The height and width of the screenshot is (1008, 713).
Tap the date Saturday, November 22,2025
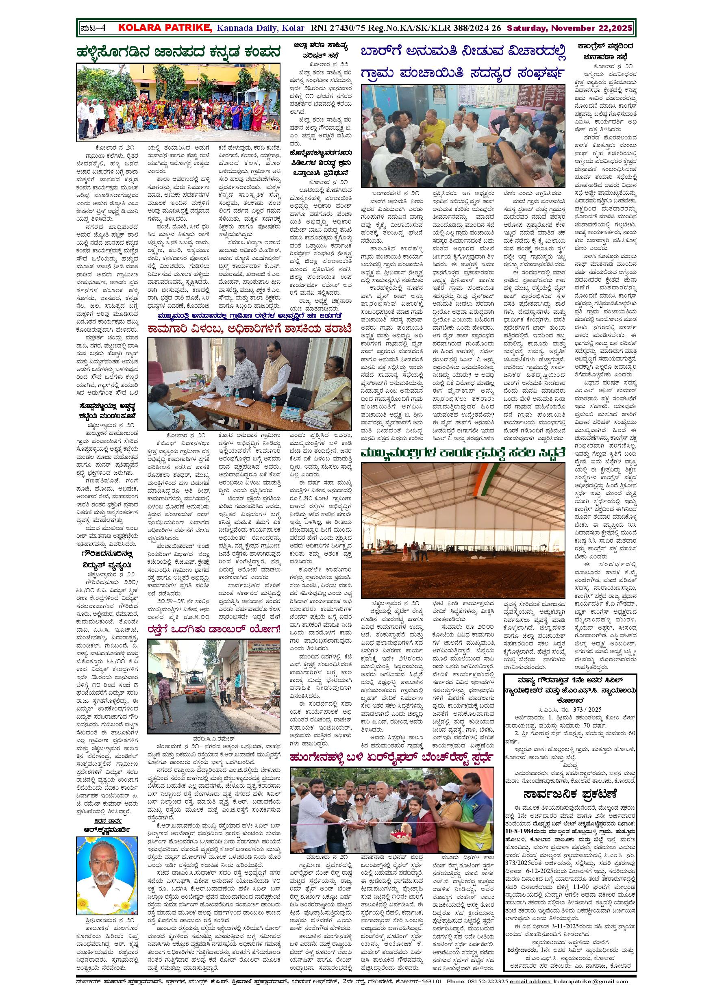(x=570, y=28)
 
